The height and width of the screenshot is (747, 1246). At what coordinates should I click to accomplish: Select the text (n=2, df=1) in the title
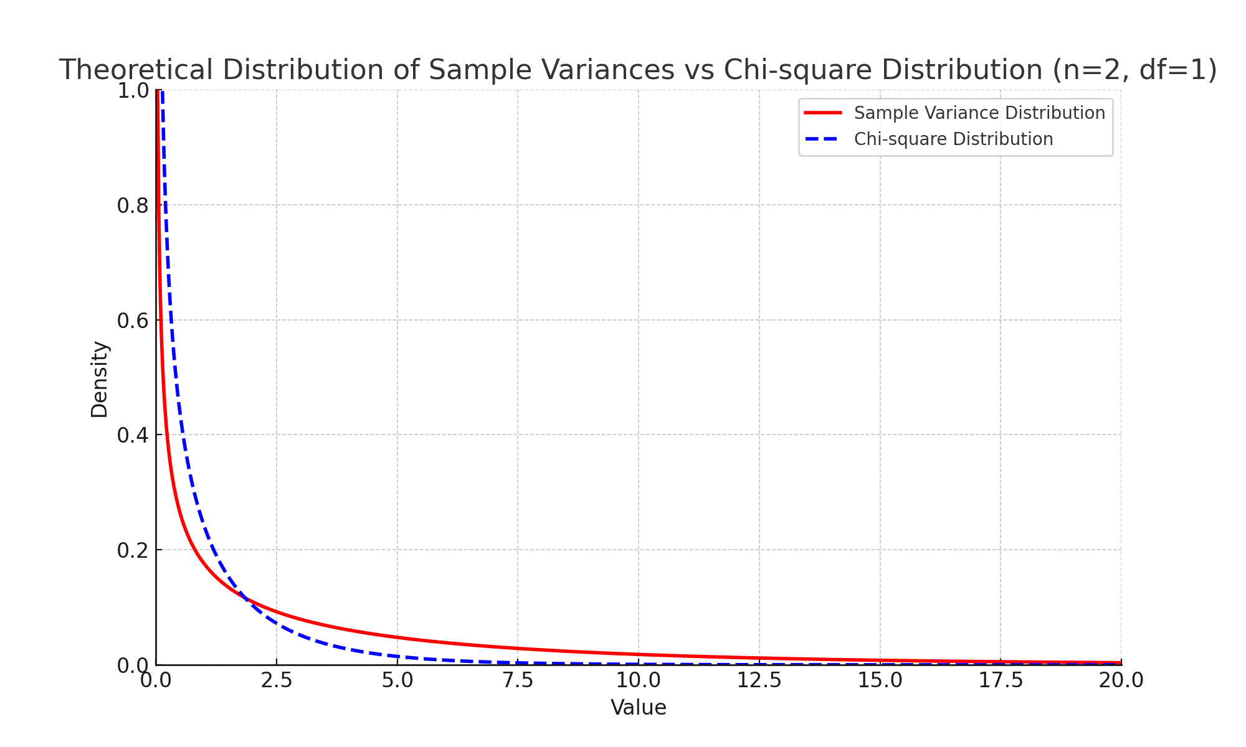(1134, 70)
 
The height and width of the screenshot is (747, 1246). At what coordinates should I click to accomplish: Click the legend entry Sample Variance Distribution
(979, 113)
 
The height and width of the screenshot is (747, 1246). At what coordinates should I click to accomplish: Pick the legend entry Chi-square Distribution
(953, 139)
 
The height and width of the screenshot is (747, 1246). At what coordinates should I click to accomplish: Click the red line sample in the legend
(823, 113)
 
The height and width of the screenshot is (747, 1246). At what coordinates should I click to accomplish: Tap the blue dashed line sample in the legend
(823, 139)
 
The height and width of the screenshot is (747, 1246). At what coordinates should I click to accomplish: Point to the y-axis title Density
(100, 379)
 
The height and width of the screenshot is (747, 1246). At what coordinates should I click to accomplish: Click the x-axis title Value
(639, 708)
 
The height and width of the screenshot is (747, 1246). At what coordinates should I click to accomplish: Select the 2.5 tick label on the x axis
(277, 681)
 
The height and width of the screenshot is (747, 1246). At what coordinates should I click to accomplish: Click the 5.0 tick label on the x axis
(397, 681)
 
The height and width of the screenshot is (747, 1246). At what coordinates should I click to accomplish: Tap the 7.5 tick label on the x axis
(518, 681)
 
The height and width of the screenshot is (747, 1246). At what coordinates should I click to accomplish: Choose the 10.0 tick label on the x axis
(639, 681)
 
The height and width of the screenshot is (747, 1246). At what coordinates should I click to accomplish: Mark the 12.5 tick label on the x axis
(759, 681)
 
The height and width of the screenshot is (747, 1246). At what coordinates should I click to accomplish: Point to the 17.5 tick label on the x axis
(1001, 681)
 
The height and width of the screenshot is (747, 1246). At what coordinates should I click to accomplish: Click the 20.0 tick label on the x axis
(1121, 681)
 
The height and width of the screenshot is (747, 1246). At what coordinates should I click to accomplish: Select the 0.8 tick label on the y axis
(131, 205)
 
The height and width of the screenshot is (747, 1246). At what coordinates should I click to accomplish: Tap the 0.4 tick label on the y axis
(131, 435)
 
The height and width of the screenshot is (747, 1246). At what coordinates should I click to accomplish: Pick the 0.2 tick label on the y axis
(131, 550)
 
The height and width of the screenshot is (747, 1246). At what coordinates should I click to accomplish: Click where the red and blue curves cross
(245, 599)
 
